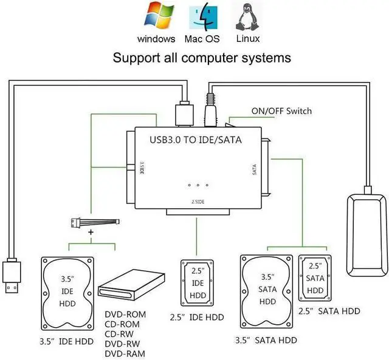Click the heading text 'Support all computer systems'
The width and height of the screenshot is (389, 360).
click(x=202, y=58)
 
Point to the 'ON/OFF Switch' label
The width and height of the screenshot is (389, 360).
click(x=281, y=111)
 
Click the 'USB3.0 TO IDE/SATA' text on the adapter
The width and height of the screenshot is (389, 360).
click(x=196, y=140)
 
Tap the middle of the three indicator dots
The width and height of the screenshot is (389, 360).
click(x=198, y=185)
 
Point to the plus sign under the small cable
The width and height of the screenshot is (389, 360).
click(x=91, y=233)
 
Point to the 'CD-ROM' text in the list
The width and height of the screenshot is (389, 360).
click(x=126, y=325)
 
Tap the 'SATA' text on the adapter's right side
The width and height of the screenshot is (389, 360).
click(x=255, y=168)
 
